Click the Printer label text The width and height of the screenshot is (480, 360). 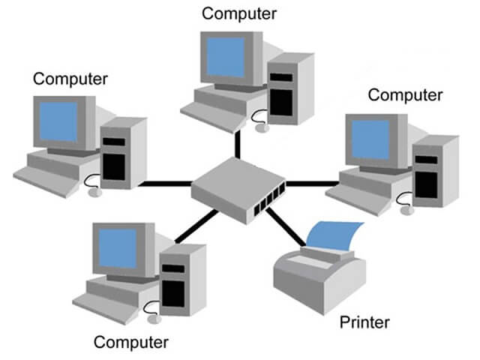[364, 323]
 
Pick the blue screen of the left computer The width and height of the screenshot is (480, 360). [58, 121]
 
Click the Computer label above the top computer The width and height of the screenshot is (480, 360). [239, 13]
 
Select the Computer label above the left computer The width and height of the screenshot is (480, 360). [71, 78]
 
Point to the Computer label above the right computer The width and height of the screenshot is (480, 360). [405, 95]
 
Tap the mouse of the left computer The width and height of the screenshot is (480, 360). [95, 191]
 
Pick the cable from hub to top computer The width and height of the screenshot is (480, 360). [238, 144]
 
